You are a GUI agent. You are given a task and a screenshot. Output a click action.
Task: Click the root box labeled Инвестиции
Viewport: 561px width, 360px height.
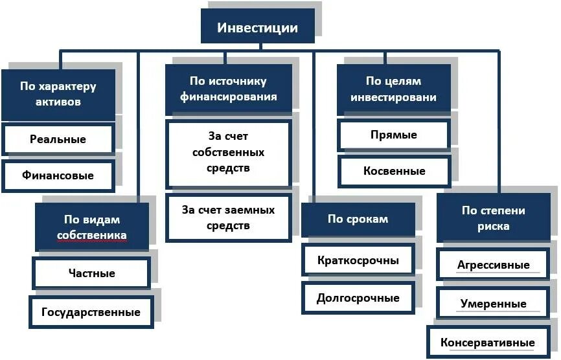pyautogui.click(x=258, y=28)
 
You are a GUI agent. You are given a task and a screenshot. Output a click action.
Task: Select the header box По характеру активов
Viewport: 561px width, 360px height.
pyautogui.click(x=58, y=95)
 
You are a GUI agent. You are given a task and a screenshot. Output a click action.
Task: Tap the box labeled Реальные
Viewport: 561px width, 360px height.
pyautogui.click(x=58, y=139)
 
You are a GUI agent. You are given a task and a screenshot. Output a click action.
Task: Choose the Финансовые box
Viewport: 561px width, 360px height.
pyautogui.click(x=58, y=175)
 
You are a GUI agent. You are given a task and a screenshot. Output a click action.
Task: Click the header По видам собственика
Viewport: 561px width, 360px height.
pyautogui.click(x=91, y=227)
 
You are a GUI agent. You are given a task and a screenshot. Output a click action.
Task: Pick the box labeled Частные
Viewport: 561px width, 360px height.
pyautogui.click(x=91, y=273)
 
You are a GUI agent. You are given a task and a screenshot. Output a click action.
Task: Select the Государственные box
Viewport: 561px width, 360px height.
pyautogui.click(x=91, y=312)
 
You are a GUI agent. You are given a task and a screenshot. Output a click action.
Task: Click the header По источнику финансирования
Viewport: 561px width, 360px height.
pyautogui.click(x=228, y=89)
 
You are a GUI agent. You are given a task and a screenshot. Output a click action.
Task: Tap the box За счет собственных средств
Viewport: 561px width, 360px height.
pyautogui.click(x=228, y=153)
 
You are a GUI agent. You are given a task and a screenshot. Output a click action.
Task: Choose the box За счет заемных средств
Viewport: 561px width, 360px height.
pyautogui.click(x=228, y=218)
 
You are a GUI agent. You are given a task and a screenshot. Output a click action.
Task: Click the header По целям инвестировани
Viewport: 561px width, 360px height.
pyautogui.click(x=393, y=89)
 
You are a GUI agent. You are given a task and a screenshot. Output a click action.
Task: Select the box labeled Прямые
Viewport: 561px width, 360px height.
pyautogui.click(x=393, y=135)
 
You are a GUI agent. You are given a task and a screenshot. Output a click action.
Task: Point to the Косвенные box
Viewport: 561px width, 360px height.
pyautogui.click(x=393, y=172)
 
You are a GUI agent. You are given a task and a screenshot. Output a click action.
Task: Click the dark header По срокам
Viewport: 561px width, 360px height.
pyautogui.click(x=358, y=219)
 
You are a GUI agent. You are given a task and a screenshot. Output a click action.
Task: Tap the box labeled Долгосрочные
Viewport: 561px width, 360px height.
pyautogui.click(x=358, y=298)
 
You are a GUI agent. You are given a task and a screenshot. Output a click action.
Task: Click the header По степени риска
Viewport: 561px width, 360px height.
pyautogui.click(x=494, y=218)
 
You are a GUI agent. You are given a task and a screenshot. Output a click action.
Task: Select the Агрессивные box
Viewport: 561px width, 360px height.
pyautogui.click(x=494, y=265)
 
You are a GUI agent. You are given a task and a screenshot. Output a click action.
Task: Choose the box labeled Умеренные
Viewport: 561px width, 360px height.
pyautogui.click(x=494, y=304)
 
